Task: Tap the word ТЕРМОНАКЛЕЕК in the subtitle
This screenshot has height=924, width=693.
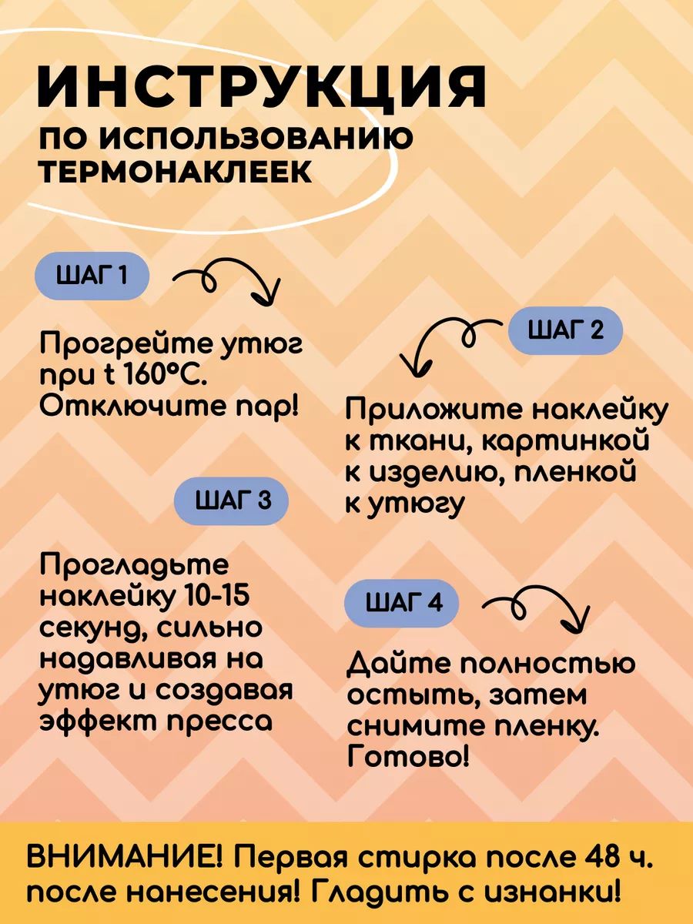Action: pos(176,172)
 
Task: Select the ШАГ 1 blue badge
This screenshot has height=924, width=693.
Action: pos(92,276)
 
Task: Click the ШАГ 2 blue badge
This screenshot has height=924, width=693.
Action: pos(565,331)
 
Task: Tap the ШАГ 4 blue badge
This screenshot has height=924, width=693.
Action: pos(402,603)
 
